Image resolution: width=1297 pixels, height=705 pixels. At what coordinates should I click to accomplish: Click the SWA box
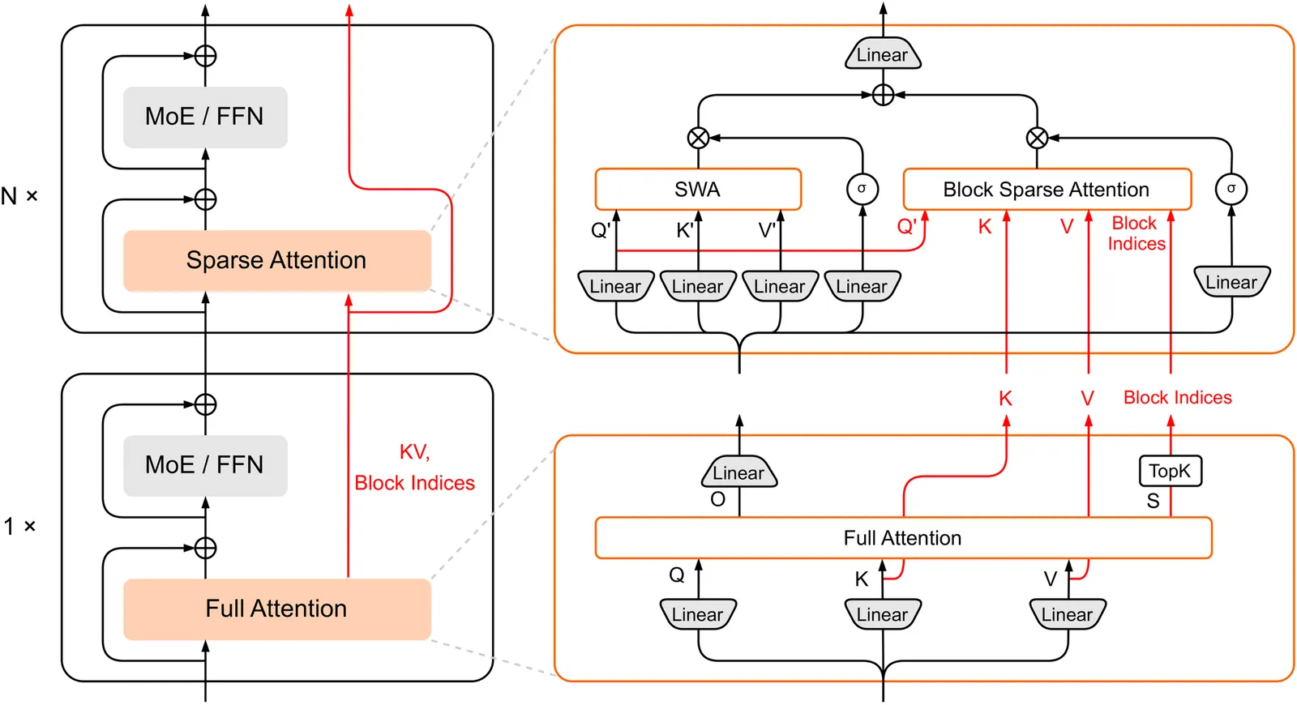coord(698,190)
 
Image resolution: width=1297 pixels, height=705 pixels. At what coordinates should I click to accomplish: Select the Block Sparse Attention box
coord(1047,190)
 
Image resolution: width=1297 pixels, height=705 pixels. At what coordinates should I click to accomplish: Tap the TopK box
coord(1170,471)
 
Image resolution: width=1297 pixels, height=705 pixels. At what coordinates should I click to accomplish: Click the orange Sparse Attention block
coord(276,260)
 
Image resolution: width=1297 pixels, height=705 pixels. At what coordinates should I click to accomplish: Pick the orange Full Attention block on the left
coord(276,609)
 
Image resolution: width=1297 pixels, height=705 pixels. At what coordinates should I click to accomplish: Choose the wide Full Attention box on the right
coord(903,538)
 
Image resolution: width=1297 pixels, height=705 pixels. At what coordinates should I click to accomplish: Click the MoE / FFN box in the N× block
coord(205,117)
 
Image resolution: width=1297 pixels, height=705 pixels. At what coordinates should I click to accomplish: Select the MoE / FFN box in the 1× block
coord(205,465)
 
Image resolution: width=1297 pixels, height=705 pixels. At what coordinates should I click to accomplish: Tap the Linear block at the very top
coord(883,55)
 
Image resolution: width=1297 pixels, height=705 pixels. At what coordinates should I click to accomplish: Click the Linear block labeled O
coord(738,473)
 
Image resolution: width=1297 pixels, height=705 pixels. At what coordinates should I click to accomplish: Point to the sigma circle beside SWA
coord(862,189)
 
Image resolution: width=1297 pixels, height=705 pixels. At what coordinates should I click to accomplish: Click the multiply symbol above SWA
coord(698,138)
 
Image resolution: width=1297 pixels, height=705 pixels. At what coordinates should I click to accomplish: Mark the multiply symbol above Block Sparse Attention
coord(1037,138)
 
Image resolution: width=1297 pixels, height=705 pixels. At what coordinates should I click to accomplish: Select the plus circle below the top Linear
coord(883,95)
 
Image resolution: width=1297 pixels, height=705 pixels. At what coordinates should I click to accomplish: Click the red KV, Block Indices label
coord(414,468)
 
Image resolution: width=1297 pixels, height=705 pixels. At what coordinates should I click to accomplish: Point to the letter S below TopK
coord(1153,501)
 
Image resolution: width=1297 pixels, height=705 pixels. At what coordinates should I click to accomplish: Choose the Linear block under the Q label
coord(698,614)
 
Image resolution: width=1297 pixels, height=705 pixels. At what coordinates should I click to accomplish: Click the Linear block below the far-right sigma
coord(1231,282)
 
